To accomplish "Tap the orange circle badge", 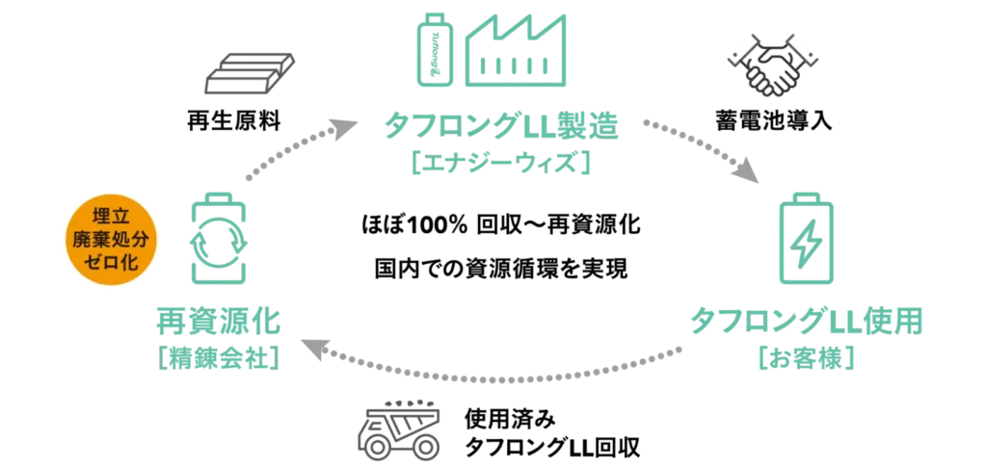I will [109, 241].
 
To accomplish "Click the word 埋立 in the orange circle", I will [109, 218].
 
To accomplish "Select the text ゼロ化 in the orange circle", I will [109, 264].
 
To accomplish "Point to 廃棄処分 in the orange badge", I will [109, 241].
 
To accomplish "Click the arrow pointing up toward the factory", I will [294, 150].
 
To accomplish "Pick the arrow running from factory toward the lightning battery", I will [702, 149].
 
